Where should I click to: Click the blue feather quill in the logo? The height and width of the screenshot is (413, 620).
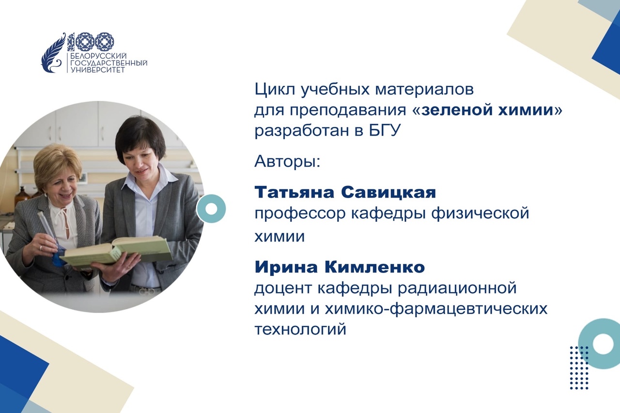click(x=54, y=53)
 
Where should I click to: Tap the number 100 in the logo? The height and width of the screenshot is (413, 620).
click(x=91, y=42)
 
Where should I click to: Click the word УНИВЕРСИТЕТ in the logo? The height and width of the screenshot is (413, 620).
click(x=98, y=70)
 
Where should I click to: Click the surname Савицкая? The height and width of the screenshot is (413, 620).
click(x=388, y=192)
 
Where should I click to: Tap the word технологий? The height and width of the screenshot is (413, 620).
click(x=300, y=329)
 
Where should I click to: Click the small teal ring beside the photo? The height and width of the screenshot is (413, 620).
click(x=211, y=209)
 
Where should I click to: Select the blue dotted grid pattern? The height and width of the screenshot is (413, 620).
click(x=579, y=367)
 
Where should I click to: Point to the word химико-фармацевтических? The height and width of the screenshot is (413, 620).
click(x=436, y=309)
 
